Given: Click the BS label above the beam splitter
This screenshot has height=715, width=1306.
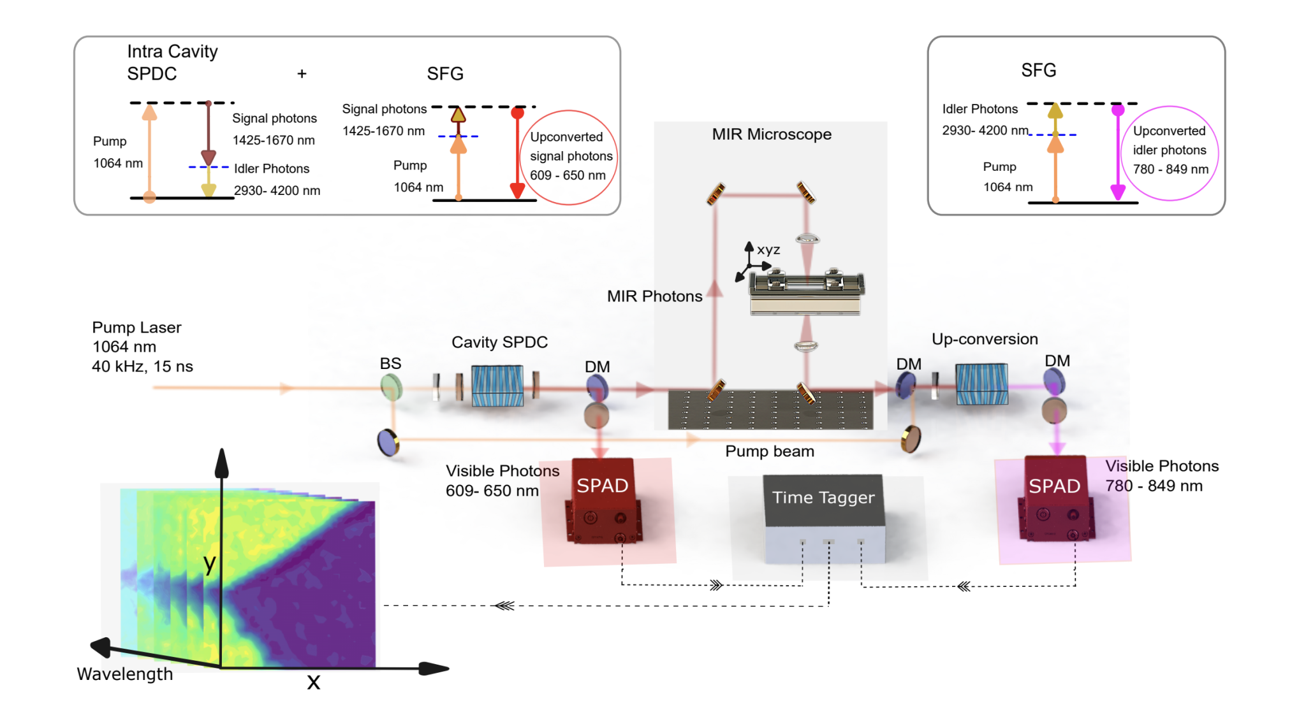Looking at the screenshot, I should (390, 363).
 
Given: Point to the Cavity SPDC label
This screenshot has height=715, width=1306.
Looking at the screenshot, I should (499, 342).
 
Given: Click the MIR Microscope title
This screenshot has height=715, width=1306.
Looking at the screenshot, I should (772, 134).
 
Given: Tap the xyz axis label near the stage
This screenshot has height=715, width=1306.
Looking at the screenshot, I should (768, 250).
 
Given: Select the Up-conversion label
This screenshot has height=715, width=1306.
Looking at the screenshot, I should (985, 339).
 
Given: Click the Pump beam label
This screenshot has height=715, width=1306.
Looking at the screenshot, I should (770, 451).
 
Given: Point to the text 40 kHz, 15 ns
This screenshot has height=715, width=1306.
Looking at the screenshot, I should (142, 366).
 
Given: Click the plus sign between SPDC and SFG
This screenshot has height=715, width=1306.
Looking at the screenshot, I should (302, 74).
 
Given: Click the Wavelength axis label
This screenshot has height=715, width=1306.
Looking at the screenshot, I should (125, 674).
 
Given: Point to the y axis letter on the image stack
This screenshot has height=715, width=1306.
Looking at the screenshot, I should (209, 563).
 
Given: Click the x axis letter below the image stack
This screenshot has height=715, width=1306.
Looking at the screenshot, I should (313, 682).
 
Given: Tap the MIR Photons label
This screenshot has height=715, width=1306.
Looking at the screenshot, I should (654, 296).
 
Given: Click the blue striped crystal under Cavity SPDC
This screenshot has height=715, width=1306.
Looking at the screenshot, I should (497, 386).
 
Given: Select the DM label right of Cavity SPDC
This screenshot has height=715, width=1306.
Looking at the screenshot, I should (597, 366).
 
